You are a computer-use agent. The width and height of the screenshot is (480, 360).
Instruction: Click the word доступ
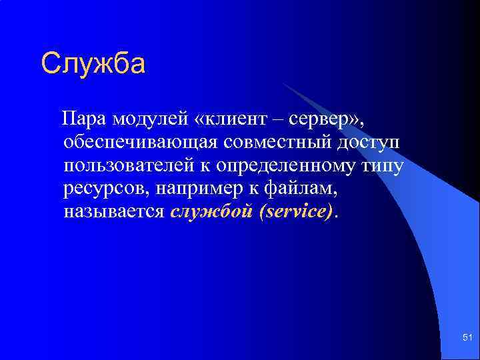371,143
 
